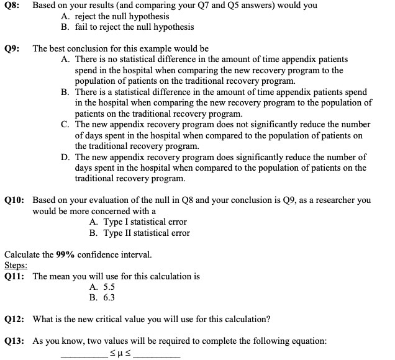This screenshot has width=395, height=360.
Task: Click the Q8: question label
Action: click(12, 6)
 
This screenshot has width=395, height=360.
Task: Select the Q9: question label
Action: click(12, 48)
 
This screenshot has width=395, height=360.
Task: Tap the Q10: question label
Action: click(14, 200)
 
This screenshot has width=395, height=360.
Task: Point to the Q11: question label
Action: click(14, 277)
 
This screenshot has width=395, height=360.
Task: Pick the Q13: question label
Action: click(14, 341)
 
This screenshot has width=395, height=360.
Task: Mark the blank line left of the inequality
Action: click(84, 356)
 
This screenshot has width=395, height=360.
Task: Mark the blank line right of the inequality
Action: click(157, 356)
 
